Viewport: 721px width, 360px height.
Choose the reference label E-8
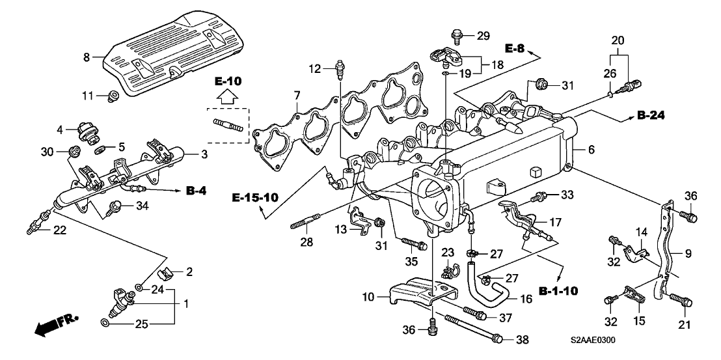(x=517, y=47)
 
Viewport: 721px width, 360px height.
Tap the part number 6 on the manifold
(x=592, y=150)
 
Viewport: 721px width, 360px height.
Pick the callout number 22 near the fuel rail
(x=59, y=230)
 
